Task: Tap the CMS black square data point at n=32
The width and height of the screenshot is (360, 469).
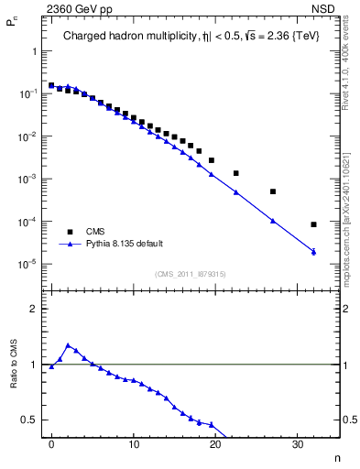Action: (314, 224)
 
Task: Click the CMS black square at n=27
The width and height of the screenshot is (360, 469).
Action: (273, 191)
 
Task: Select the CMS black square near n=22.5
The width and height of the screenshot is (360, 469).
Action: (236, 173)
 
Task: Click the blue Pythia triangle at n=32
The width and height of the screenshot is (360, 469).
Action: (314, 252)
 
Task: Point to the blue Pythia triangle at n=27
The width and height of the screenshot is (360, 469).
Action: (273, 221)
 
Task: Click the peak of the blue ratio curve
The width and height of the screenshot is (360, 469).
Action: (68, 345)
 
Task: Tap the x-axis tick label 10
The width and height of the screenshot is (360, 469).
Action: (134, 444)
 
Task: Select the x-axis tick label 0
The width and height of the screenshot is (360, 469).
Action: (51, 444)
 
